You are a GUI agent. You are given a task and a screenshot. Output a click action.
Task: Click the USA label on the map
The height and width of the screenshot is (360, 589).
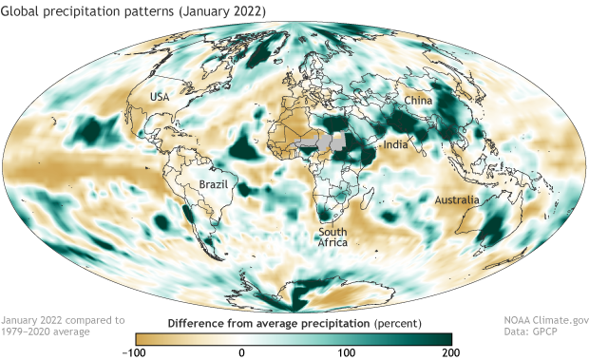[x=159, y=97]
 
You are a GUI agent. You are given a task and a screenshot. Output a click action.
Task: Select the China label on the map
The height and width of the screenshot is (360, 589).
[x=418, y=100]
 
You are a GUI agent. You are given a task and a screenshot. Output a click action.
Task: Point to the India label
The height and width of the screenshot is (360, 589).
[x=396, y=144]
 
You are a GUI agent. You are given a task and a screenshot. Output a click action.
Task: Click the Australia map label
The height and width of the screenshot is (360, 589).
[x=459, y=200]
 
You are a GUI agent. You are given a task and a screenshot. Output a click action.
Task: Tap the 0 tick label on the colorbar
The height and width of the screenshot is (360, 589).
[x=242, y=352]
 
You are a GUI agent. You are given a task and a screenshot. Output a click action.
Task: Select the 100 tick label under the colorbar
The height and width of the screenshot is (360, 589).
[x=347, y=352]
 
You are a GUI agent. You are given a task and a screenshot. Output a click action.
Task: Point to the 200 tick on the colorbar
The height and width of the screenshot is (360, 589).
[x=451, y=352]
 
